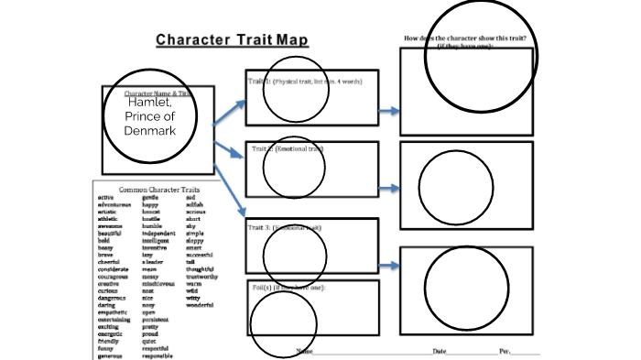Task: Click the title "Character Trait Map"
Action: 231,40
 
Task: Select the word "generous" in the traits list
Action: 111,354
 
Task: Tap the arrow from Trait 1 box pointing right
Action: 389,111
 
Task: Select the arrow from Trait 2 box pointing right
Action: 389,188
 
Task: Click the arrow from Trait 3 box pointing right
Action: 389,265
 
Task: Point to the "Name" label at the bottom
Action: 304,352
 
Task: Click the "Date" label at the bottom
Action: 441,352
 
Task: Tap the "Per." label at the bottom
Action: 505,352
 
